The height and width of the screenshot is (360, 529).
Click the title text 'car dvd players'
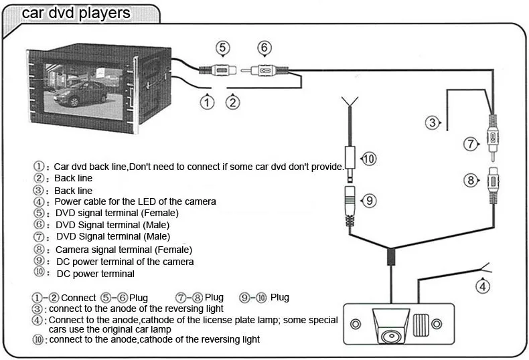click(76, 13)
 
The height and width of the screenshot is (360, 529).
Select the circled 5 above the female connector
click(223, 48)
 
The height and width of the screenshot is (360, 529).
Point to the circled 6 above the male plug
click(265, 48)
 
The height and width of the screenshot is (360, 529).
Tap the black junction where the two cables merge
click(390, 257)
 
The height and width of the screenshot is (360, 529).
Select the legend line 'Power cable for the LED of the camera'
click(135, 201)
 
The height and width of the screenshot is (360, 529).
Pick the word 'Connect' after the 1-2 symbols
click(78, 297)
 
